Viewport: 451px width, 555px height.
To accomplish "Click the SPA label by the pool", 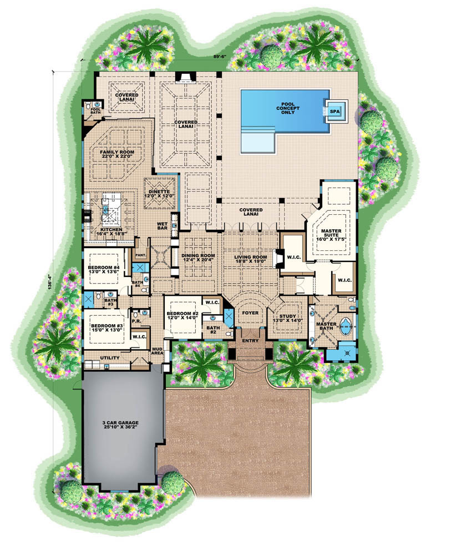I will tap(335, 111).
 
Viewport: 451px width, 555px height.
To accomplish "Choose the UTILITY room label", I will tap(109, 358).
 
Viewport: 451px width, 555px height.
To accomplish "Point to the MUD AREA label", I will tap(158, 350).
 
